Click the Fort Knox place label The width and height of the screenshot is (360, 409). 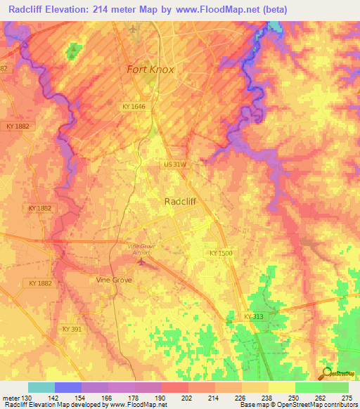(x=150, y=70)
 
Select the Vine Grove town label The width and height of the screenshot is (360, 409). (x=113, y=279)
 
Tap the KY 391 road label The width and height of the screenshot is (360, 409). (x=72, y=328)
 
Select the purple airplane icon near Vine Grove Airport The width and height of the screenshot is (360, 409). (x=143, y=263)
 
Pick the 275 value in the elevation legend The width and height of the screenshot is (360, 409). (x=347, y=397)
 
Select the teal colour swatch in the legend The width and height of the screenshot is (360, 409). (x=41, y=387)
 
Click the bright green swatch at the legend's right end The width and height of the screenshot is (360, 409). (x=335, y=387)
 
